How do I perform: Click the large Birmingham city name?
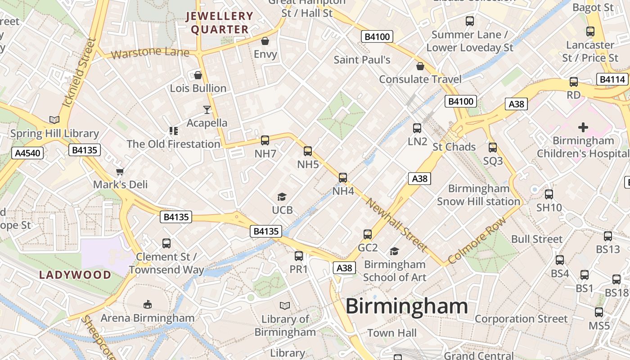coord(406,306)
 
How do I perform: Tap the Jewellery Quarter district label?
coord(220,23)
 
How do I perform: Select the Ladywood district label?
coord(75,275)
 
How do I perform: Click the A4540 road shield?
coord(27,153)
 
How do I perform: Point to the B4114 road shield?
coord(612,80)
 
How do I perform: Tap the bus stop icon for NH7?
coord(265,140)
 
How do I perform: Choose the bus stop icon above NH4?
coord(343,178)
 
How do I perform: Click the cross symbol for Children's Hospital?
coord(583,127)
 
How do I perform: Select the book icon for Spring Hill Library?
coord(54,120)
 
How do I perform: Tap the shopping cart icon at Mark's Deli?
coord(120,171)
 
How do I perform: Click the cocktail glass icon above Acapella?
coord(207,109)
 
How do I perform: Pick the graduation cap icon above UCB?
coord(282,197)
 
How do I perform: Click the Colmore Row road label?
coord(477,241)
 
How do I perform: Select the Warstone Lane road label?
coord(150,53)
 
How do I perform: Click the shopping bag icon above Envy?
coord(265,41)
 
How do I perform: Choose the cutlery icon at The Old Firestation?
coord(173,131)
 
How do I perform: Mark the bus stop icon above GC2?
coord(368,234)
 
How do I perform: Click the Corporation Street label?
coord(521,319)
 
